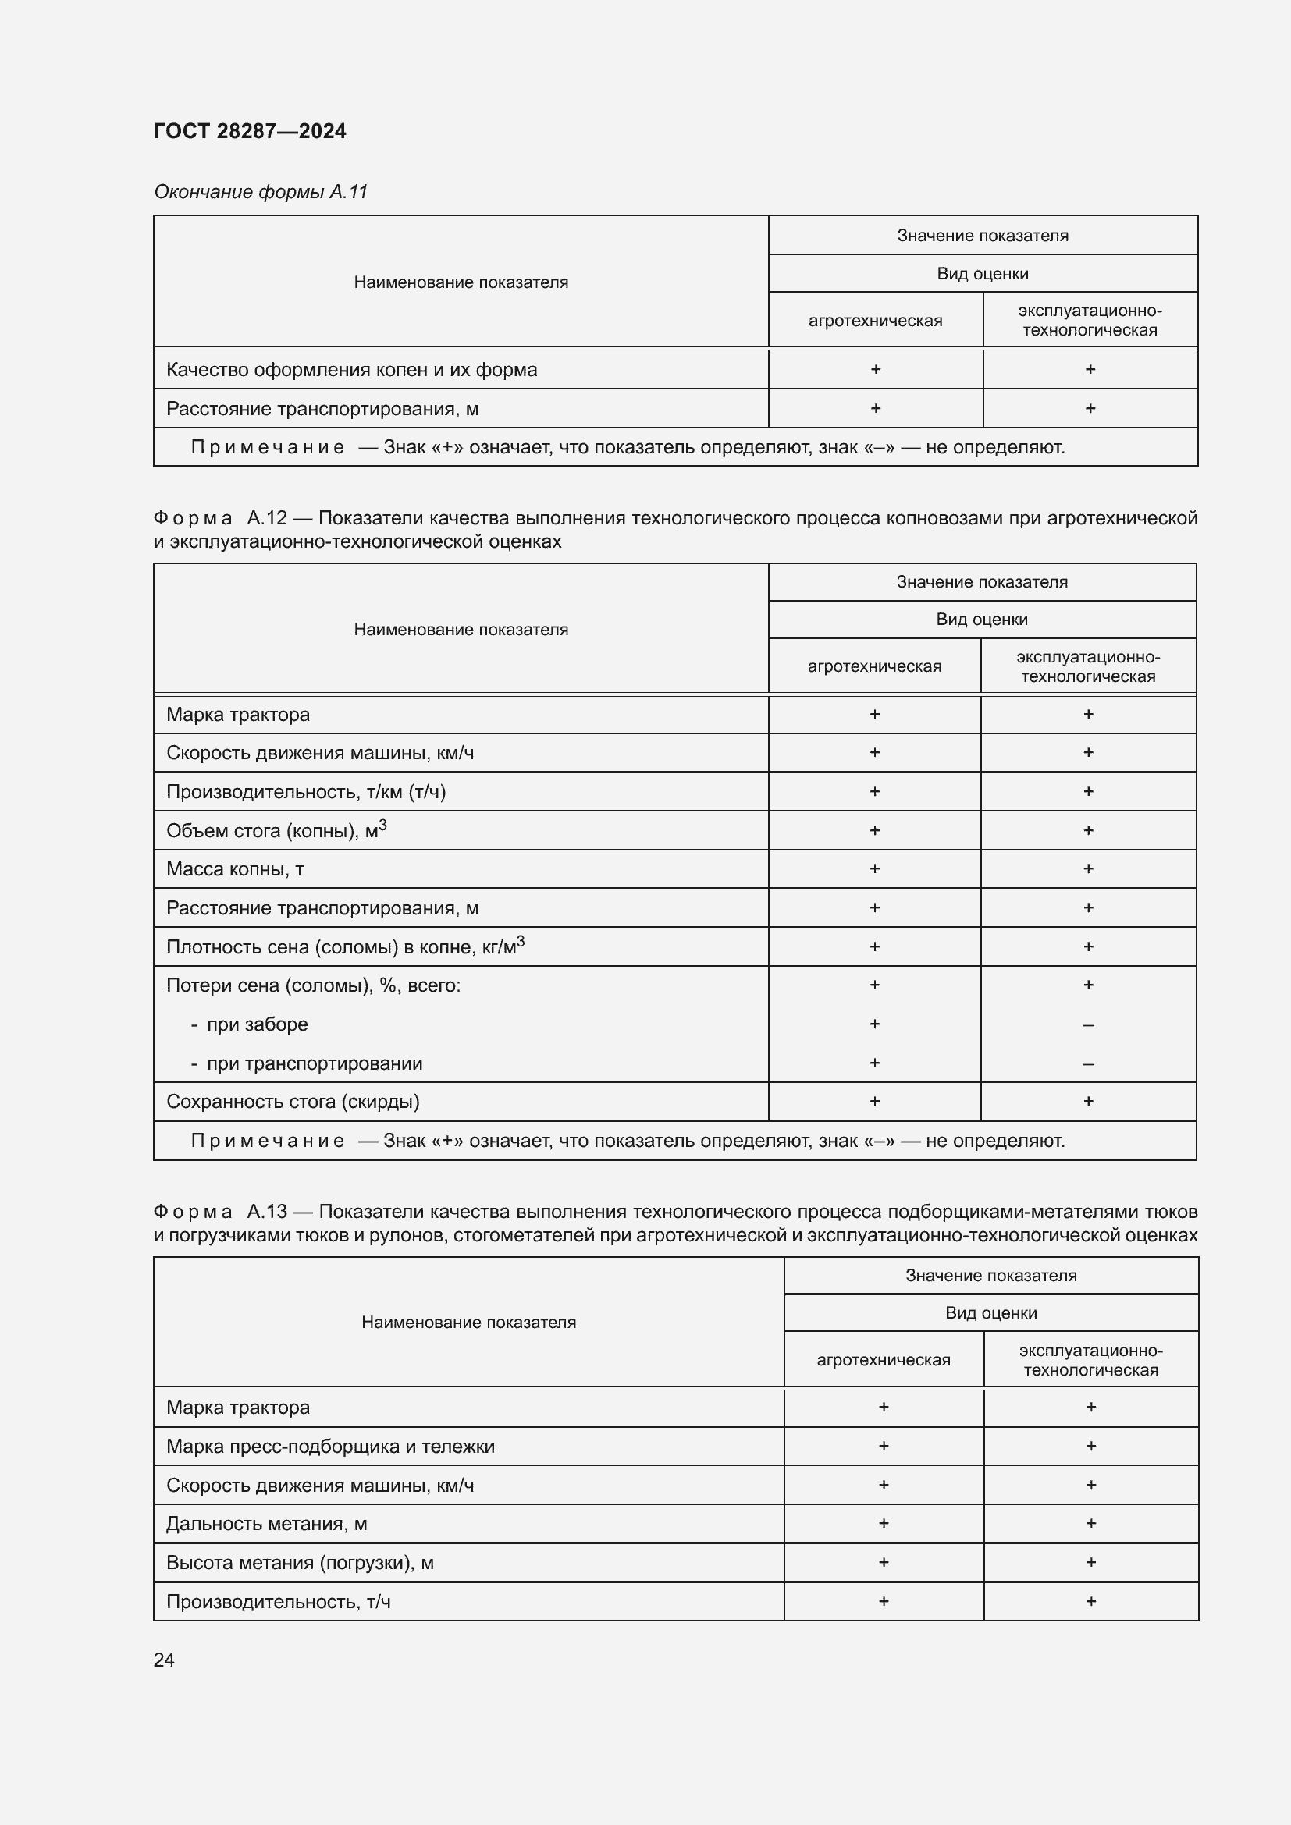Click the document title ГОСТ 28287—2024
point(250,131)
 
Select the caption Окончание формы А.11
point(261,192)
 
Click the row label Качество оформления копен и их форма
point(351,370)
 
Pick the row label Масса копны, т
point(234,868)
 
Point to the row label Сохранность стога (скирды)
point(293,1102)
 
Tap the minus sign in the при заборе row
point(1088,1025)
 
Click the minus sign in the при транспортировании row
point(1088,1064)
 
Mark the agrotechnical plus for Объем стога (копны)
point(874,831)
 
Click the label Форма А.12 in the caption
point(220,518)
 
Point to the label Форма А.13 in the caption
point(220,1212)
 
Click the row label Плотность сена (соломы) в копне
point(345,946)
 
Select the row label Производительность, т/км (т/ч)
point(306,792)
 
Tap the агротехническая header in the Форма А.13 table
point(884,1359)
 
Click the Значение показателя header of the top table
point(983,236)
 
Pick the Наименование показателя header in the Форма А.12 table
point(461,630)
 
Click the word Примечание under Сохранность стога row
point(267,1141)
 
